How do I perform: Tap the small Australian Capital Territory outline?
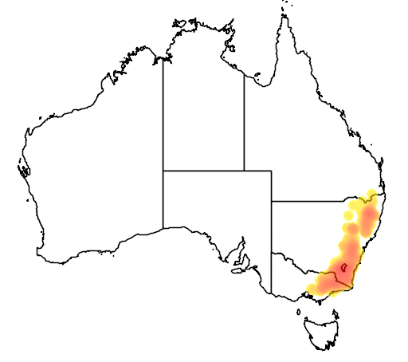pyautogui.click(x=343, y=267)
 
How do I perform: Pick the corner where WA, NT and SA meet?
pyautogui.click(x=163, y=170)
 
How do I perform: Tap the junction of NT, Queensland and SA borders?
pyautogui.click(x=244, y=170)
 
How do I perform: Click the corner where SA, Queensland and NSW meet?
pyautogui.click(x=271, y=202)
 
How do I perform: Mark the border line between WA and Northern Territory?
pyautogui.click(x=163, y=112)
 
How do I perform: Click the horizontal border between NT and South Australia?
pyautogui.click(x=203, y=170)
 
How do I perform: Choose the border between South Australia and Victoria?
pyautogui.click(x=271, y=271)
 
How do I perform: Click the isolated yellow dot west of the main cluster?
pyautogui.click(x=348, y=214)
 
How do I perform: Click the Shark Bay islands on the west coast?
pyautogui.click(x=21, y=170)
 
